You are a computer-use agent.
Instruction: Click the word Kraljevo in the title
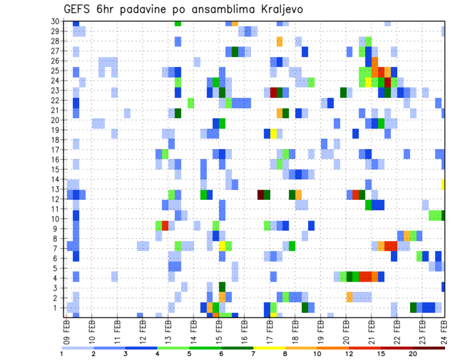click(282, 9)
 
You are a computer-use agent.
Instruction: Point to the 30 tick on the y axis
click(55, 21)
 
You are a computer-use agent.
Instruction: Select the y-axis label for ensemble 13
click(55, 189)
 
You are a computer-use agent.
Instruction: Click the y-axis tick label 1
click(57, 308)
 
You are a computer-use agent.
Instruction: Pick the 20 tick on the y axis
click(55, 120)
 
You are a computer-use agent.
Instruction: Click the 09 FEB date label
click(66, 329)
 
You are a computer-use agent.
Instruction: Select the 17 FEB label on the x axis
click(268, 329)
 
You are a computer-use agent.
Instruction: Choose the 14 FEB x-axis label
click(193, 329)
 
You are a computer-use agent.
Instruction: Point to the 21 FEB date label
click(369, 329)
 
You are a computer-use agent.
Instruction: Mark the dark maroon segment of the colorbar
click(429, 347)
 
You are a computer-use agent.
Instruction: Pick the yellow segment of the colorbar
click(269, 347)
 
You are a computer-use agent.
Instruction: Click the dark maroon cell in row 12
click(261, 194)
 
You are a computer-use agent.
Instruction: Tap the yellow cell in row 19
click(273, 133)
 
